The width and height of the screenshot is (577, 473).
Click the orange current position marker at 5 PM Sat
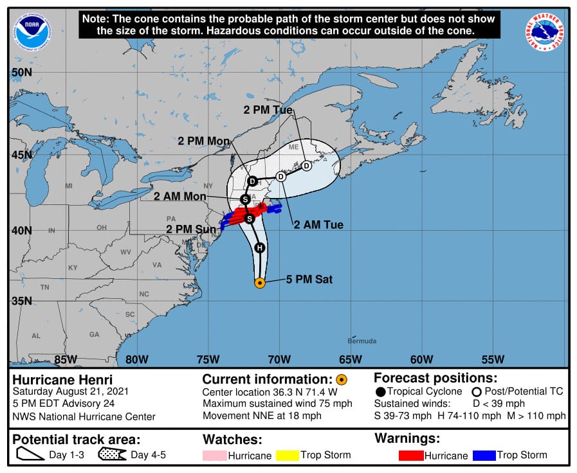point(260,283)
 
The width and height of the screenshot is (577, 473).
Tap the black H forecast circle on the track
point(259,248)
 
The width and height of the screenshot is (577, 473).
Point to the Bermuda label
point(362,341)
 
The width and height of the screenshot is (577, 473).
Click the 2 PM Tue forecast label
point(268,110)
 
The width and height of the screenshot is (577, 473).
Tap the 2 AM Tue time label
point(318,225)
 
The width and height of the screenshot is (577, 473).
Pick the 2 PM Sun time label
point(190,229)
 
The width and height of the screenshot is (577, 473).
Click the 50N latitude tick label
point(21,72)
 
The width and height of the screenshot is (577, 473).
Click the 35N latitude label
point(21,301)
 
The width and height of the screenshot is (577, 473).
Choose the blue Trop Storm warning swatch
point(484,456)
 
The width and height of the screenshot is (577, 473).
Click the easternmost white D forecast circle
point(306,166)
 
